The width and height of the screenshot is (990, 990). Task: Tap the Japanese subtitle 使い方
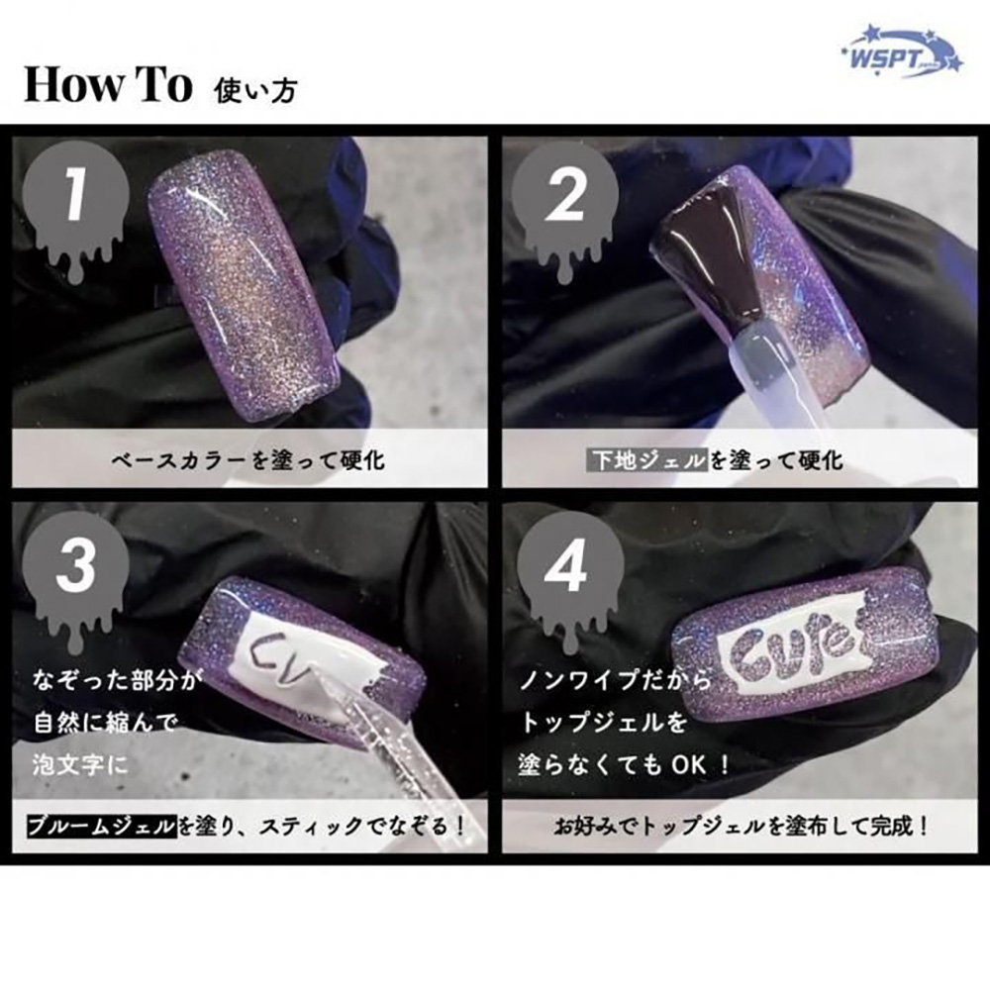[254, 90]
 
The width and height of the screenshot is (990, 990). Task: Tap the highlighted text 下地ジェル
[647, 460]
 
